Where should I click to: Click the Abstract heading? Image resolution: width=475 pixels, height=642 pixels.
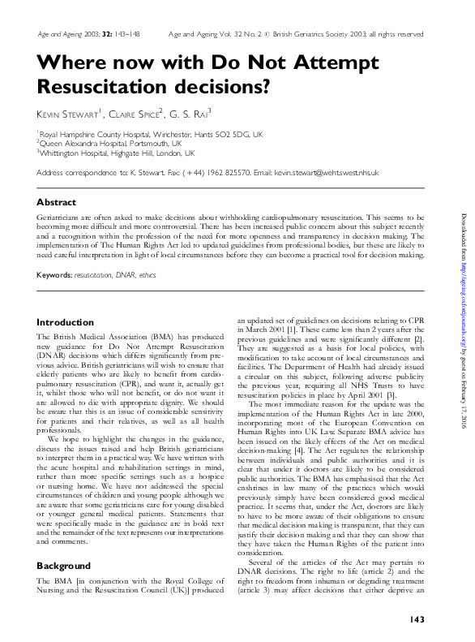coord(57,201)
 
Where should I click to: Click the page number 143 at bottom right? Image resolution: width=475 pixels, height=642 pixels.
coord(419,620)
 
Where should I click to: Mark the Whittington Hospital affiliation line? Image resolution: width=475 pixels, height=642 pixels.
coord(117,153)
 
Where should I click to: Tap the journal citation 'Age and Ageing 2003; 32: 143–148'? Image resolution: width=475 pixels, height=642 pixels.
coord(83,35)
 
